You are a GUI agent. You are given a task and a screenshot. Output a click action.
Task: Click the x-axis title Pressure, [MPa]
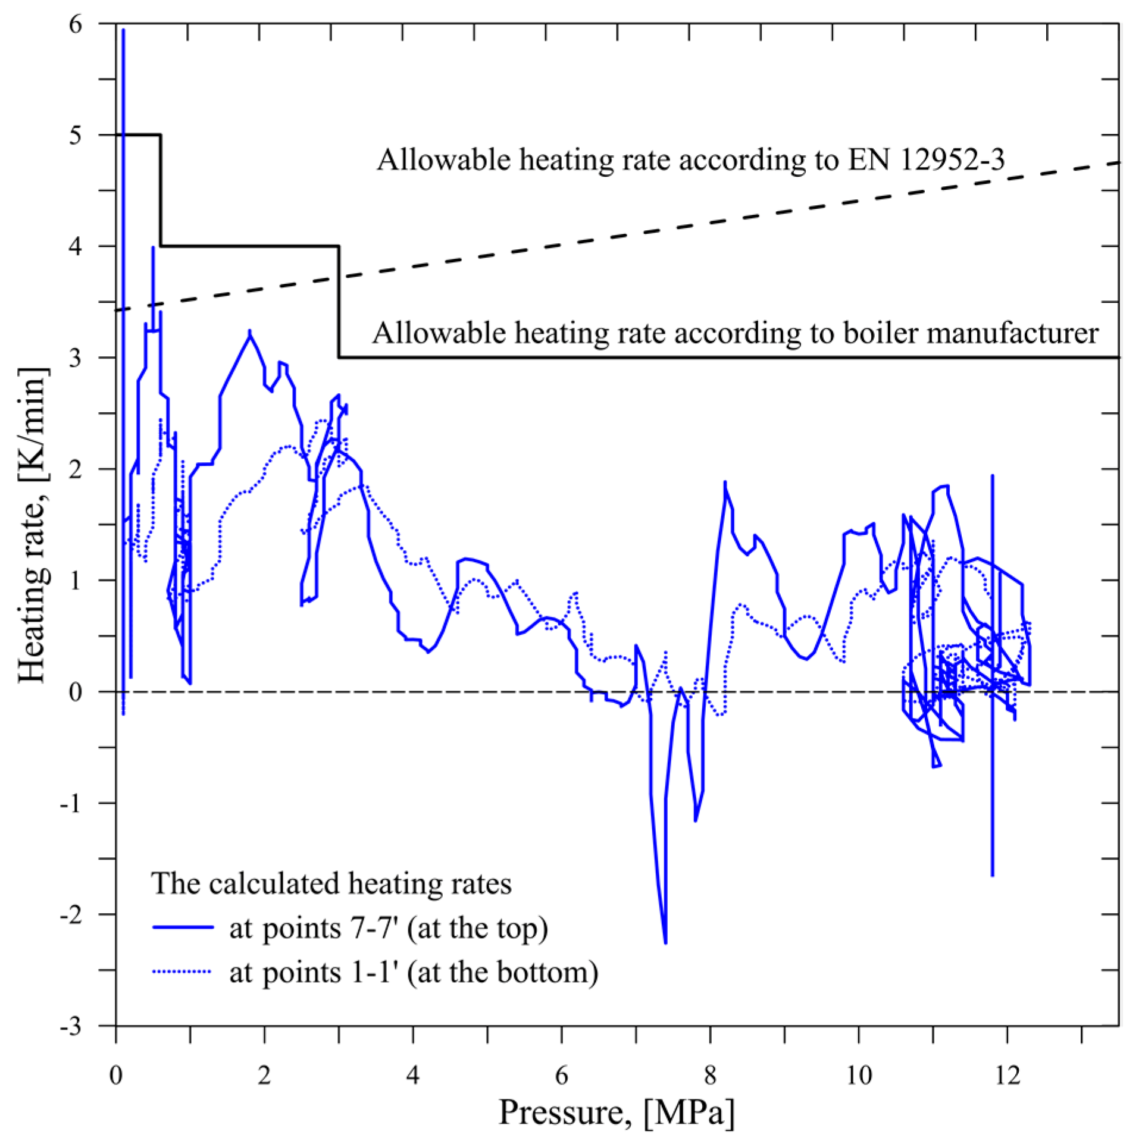pos(617,1113)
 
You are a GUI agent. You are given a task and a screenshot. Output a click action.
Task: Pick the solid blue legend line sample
pos(183,927)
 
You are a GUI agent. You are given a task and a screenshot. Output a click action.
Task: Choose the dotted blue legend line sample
pos(183,971)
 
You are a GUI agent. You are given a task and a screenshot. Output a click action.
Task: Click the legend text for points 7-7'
pos(389,928)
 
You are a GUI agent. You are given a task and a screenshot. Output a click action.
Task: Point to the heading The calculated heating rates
pos(331,883)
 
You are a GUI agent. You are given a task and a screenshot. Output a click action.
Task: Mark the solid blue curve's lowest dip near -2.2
pos(665,942)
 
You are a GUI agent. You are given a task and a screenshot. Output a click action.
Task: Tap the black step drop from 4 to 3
pos(339,302)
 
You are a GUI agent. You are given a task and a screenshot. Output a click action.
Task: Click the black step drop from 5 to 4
pos(161,190)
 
